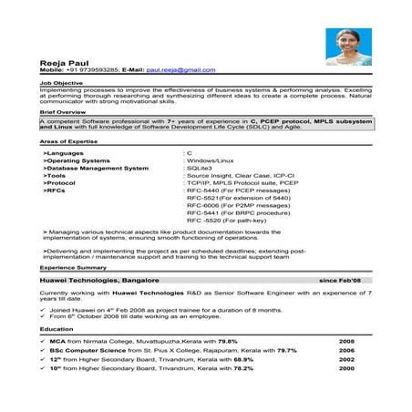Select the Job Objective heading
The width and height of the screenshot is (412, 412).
coord(58,81)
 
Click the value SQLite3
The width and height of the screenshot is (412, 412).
coord(201,168)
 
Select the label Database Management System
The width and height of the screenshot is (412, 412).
coord(96,168)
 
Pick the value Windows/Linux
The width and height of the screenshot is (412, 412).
coord(211,160)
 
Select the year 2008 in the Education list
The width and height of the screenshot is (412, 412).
coord(346,340)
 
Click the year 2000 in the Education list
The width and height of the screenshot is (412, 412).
coord(346,367)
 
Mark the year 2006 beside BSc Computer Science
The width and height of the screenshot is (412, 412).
coord(346,349)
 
